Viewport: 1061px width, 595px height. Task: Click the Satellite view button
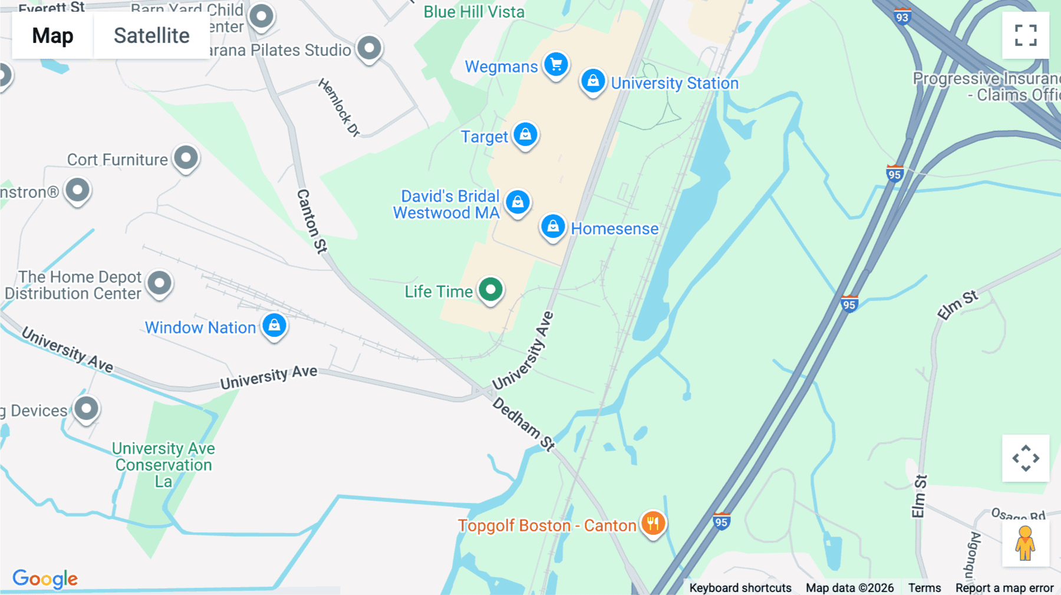coord(151,35)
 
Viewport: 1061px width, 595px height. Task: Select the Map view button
coord(52,35)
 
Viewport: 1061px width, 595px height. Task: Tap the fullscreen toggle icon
coord(1026,35)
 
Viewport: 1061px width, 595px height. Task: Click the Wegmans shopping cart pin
coord(556,64)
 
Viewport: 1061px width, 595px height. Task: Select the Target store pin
coord(525,135)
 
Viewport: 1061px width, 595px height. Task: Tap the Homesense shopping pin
coord(553,226)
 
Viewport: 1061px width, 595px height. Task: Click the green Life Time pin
coord(490,289)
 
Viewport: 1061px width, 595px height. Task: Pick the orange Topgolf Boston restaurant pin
coord(653,523)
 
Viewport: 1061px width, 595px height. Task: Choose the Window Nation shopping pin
coord(274,325)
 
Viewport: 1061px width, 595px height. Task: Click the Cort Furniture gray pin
coord(186,158)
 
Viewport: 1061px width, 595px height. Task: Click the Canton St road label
coord(312,221)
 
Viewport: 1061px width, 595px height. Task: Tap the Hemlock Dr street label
coord(339,108)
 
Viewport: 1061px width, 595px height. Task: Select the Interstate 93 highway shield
coord(902,17)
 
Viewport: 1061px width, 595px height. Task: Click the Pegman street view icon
coord(1025,543)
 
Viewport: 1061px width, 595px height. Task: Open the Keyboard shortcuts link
coord(740,588)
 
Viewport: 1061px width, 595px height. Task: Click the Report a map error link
coord(1004,588)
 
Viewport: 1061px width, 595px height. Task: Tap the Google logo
coord(45,579)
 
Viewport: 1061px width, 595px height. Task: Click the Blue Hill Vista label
coord(474,12)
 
